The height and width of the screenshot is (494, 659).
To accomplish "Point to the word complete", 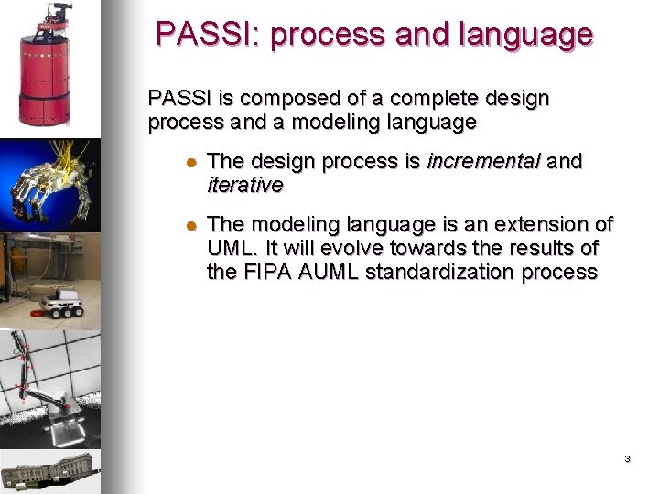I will [402, 98].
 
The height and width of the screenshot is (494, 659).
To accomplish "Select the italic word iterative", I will [245, 185].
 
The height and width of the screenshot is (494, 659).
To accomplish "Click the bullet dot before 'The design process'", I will [191, 163].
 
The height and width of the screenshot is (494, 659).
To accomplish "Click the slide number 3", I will [627, 458].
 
